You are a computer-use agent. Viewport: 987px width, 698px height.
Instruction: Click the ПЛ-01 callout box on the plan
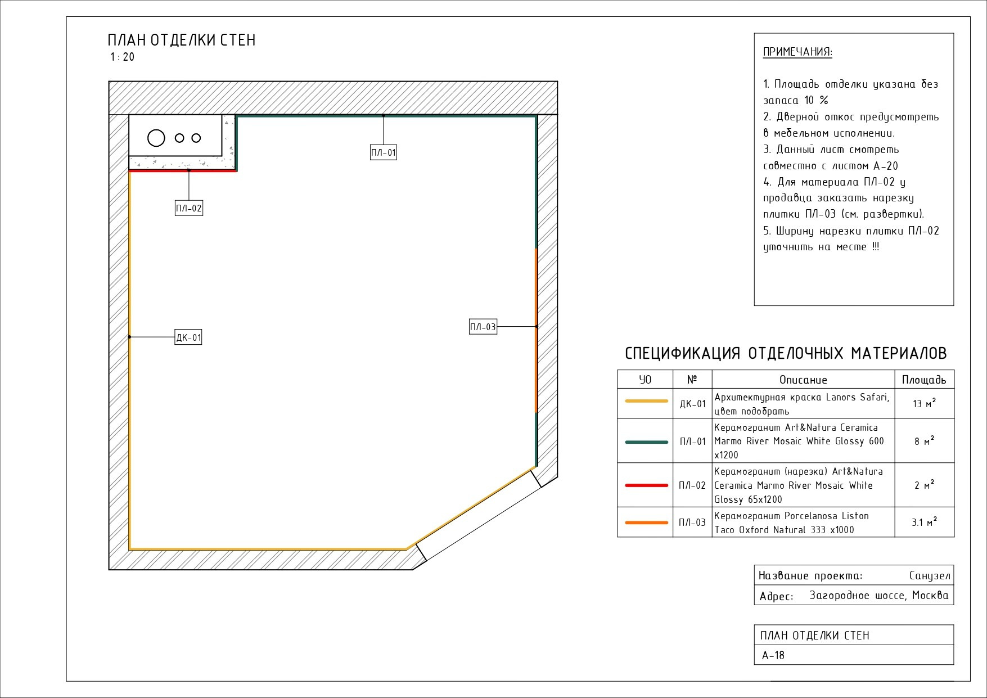pos(383,152)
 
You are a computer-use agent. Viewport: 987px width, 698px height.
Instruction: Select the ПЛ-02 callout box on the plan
pos(188,208)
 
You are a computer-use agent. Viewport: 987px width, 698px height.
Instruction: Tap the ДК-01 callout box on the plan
pos(188,337)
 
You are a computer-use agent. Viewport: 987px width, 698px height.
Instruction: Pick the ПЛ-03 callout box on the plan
pos(483,327)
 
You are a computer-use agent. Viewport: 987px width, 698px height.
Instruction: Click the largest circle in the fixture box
pos(156,138)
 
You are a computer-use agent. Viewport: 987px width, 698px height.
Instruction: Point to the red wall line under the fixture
pos(183,170)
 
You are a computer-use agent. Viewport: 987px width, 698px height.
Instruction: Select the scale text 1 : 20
pos(122,57)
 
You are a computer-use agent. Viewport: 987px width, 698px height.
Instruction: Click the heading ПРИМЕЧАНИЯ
pos(797,52)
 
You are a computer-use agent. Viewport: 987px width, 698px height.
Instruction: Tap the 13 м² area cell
pos(924,403)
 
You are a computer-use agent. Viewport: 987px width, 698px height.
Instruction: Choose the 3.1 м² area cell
pos(924,523)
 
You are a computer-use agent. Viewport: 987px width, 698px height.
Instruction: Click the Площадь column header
pos(924,380)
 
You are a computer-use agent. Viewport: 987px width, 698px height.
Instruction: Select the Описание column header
pos(803,380)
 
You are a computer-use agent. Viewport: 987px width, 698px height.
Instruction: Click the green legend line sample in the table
pos(646,442)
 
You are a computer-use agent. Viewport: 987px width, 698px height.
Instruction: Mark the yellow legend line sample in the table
pos(646,401)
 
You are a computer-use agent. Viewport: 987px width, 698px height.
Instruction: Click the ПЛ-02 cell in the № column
pos(692,485)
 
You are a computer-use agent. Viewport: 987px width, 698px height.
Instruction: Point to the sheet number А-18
pos(773,655)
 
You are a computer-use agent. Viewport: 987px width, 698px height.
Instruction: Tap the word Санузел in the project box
pos(929,576)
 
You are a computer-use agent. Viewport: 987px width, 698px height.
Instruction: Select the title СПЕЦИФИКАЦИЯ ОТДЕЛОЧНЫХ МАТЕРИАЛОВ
pos(786,353)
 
